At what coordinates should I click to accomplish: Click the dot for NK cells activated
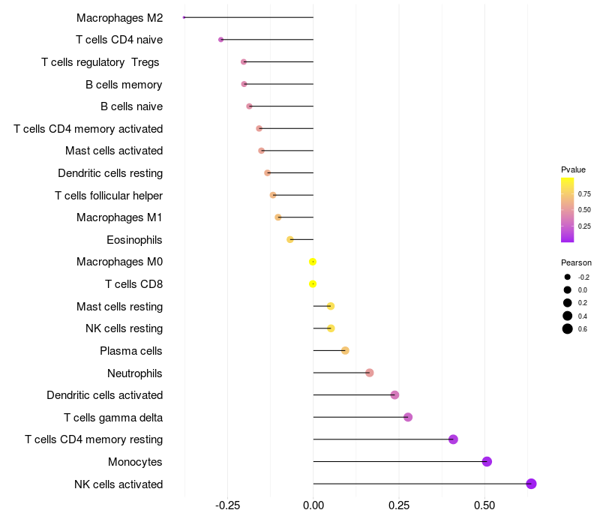pos(531,484)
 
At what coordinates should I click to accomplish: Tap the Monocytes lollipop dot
pos(487,461)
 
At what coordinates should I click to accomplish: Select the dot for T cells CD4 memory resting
pos(453,439)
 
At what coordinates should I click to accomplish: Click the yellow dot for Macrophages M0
pos(313,262)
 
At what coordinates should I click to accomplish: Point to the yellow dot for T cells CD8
pos(313,284)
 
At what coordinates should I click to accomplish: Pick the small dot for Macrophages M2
pos(184,17)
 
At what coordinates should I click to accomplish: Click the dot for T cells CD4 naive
pos(220,40)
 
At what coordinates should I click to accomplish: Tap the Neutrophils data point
pos(369,373)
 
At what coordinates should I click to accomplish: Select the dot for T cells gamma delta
pos(408,417)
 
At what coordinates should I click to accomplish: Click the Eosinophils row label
pos(135,240)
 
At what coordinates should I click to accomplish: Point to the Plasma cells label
pos(131,351)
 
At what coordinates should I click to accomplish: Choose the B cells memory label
pos(124,84)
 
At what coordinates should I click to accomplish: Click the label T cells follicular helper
pos(109,196)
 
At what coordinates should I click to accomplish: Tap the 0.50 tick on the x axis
pos(484,506)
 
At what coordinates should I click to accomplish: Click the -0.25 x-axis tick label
pos(227,506)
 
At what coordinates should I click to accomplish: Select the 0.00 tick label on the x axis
pos(313,506)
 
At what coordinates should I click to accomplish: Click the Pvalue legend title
pos(573,169)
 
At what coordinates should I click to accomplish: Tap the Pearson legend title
pos(576,262)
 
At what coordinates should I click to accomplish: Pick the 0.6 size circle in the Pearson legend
pos(568,328)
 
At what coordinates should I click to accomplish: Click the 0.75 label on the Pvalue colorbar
pos(584,193)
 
